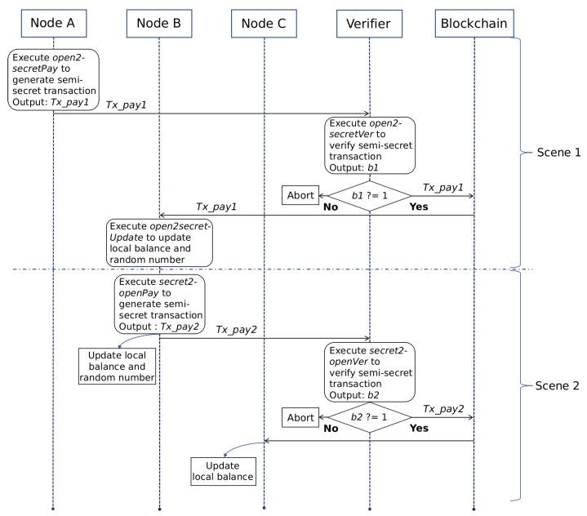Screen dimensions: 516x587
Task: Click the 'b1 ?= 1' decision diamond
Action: pos(369,196)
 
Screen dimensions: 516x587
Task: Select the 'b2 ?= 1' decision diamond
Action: pos(369,416)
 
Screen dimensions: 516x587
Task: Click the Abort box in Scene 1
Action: pos(300,196)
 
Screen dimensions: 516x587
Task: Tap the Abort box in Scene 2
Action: pos(300,417)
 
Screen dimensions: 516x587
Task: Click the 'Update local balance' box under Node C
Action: pos(222,469)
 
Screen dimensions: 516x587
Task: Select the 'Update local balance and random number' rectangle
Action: pos(117,365)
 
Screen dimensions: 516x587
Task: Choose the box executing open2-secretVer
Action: pos(370,145)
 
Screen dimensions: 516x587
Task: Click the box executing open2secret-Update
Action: pos(159,242)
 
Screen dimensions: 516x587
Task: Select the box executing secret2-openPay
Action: pos(159,300)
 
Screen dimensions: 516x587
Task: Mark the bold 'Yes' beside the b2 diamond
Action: pos(419,427)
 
